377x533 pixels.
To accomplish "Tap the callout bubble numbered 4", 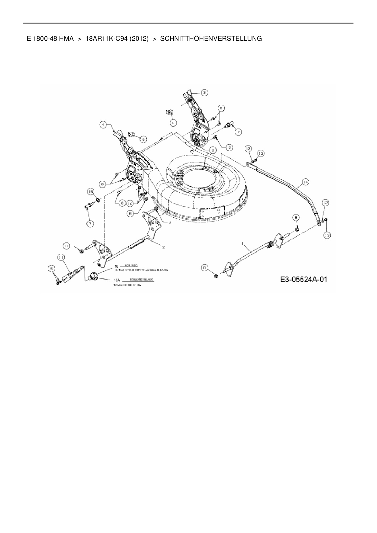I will tap(104, 125).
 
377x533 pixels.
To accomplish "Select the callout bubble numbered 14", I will tap(305, 182).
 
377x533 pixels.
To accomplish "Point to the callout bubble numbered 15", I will tap(90, 191).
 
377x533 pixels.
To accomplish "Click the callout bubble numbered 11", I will tap(61, 258).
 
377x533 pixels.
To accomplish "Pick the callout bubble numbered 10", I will tap(130, 203).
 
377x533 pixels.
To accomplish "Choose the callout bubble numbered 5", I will tap(51, 268).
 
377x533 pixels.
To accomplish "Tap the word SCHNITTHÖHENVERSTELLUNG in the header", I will tap(211, 39).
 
